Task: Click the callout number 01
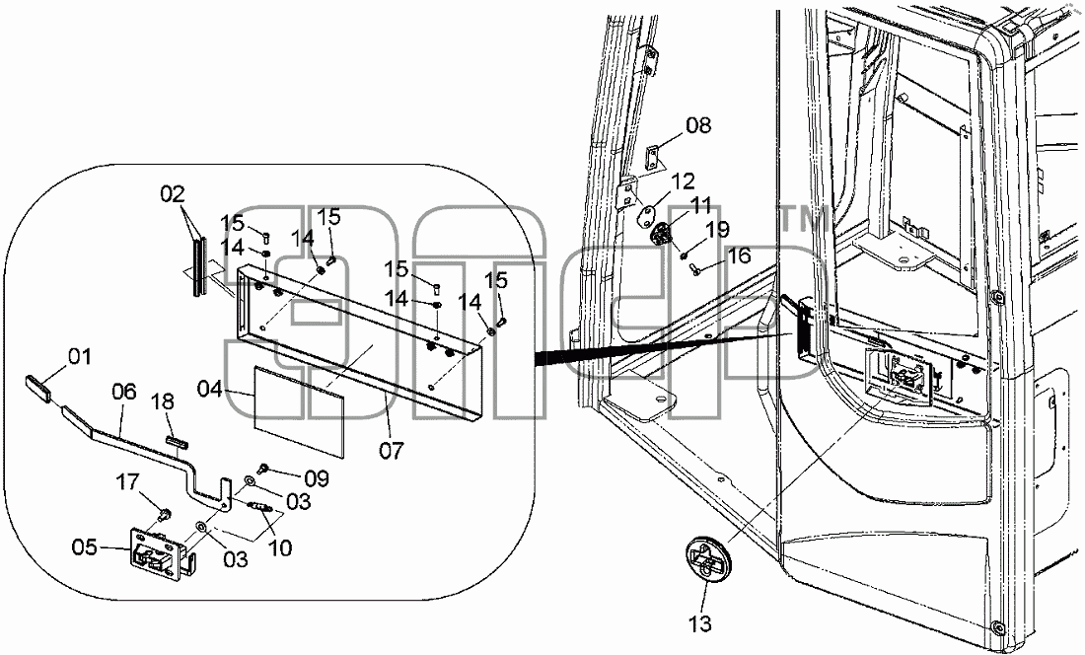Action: tap(80, 358)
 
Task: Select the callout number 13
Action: tap(700, 623)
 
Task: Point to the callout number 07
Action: tap(391, 451)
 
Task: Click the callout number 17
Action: tap(127, 481)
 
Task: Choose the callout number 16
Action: tap(739, 255)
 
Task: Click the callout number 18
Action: tap(164, 402)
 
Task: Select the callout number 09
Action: tap(317, 478)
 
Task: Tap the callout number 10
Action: tap(279, 548)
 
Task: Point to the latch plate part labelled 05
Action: tap(159, 553)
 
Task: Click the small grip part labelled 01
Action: tap(37, 388)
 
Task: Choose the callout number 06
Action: tap(124, 393)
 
